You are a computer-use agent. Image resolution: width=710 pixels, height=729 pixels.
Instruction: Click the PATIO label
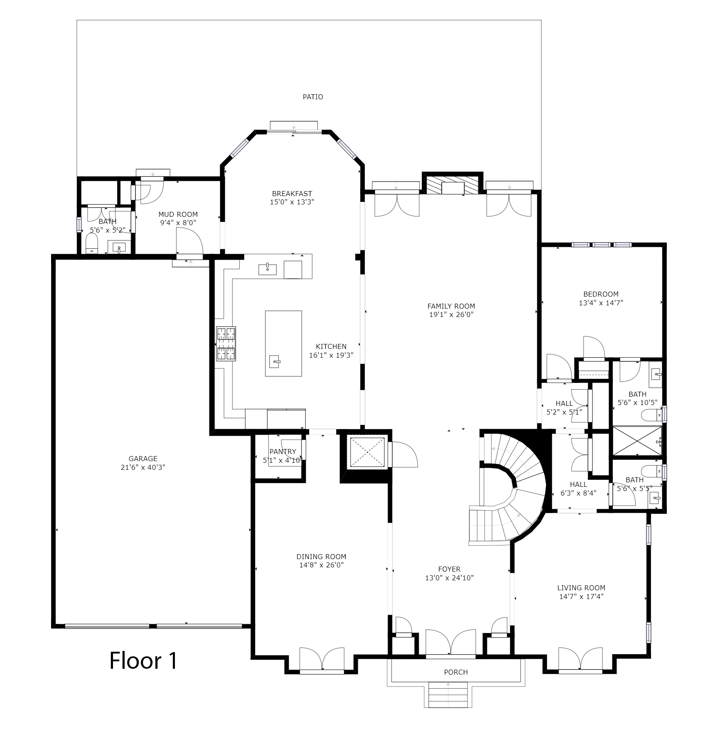pyautogui.click(x=312, y=97)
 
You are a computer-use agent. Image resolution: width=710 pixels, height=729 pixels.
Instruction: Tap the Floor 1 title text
pyautogui.click(x=143, y=660)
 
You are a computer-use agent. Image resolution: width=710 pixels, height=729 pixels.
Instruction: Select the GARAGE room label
pyautogui.click(x=143, y=459)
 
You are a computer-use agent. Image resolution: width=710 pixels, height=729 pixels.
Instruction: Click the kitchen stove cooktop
pyautogui.click(x=226, y=344)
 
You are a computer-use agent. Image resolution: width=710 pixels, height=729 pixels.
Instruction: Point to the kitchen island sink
pyautogui.click(x=275, y=361)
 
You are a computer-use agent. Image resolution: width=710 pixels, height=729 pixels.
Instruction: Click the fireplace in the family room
pyautogui.click(x=452, y=184)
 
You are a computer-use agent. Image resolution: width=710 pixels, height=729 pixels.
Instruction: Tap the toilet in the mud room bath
pyautogui.click(x=91, y=243)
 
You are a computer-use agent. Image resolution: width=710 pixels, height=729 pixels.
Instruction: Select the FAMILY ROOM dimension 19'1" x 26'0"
pyautogui.click(x=451, y=314)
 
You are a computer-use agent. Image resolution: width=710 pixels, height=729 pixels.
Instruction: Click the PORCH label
pyautogui.click(x=456, y=672)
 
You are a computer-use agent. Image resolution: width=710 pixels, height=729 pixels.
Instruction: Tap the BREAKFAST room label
pyautogui.click(x=292, y=194)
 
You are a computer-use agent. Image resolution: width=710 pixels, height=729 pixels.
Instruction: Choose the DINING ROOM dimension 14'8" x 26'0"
pyautogui.click(x=322, y=565)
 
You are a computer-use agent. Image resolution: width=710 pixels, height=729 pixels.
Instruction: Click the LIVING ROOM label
pyautogui.click(x=581, y=588)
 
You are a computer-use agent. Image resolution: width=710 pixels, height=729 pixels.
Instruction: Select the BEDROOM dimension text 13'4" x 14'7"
pyautogui.click(x=601, y=303)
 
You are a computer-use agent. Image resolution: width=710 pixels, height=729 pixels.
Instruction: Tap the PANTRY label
pyautogui.click(x=283, y=452)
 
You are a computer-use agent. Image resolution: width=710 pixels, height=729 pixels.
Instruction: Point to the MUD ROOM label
pyautogui.click(x=178, y=214)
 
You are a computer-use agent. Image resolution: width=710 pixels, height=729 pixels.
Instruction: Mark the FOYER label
pyautogui.click(x=449, y=569)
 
